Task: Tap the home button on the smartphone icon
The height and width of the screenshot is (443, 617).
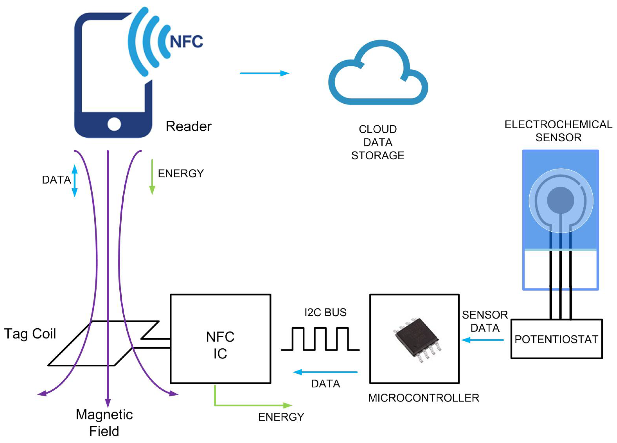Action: click(114, 124)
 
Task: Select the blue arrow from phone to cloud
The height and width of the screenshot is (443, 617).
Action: click(264, 73)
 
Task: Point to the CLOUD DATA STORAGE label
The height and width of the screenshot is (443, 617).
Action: click(378, 142)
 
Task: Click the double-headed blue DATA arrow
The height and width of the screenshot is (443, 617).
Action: click(75, 181)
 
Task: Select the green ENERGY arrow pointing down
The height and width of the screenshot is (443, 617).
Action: click(152, 177)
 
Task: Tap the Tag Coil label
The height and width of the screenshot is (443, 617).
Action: click(30, 334)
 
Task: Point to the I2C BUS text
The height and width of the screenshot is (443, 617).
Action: click(325, 312)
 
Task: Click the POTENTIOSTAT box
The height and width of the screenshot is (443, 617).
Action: click(557, 339)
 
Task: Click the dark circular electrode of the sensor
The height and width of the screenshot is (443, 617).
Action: click(560, 200)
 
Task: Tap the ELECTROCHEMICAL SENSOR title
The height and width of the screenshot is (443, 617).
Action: click(558, 131)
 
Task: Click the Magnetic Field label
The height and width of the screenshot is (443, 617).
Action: click(104, 423)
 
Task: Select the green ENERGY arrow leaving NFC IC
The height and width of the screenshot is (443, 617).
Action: click(253, 405)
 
